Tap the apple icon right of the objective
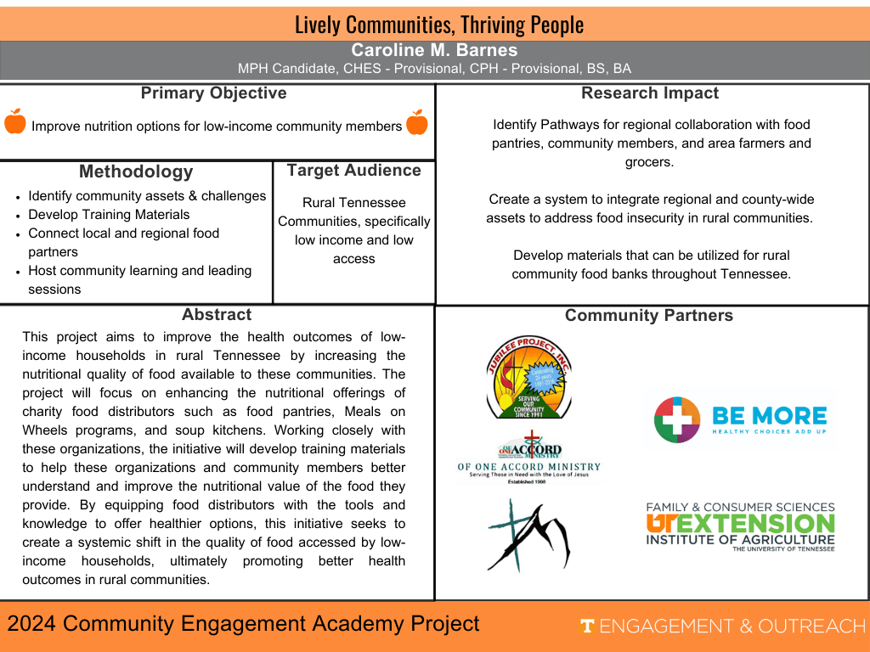coord(417,122)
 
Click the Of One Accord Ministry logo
coord(528,459)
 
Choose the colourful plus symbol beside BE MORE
coord(676,419)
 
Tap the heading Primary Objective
coord(213,93)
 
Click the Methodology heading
coord(136,171)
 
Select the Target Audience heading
coord(353,171)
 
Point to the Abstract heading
coord(217,315)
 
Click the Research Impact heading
coord(650,93)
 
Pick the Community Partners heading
coord(648,316)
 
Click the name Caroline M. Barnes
coord(434,50)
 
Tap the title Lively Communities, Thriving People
coord(439,25)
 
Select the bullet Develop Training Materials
coord(109,215)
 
